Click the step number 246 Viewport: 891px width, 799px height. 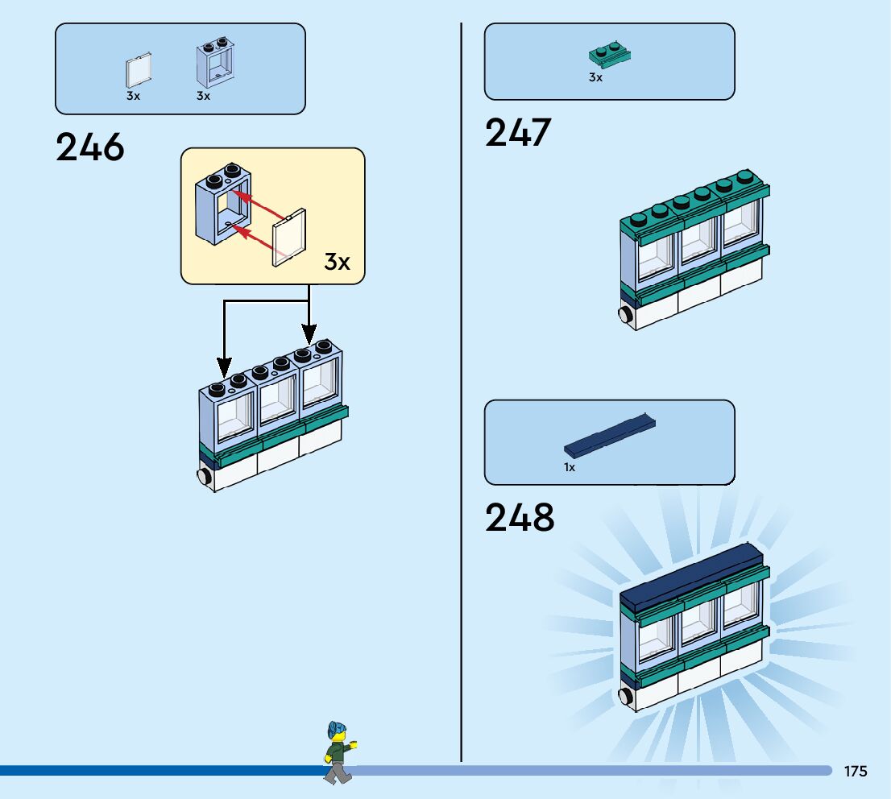90,147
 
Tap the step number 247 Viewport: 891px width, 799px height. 518,133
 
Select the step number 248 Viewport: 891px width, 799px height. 520,518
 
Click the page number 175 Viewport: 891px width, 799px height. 856,772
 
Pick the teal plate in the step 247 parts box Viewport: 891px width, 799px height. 610,56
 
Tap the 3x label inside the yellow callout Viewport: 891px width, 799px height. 338,262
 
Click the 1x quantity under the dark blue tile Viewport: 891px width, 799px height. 570,467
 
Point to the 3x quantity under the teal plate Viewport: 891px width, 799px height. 595,78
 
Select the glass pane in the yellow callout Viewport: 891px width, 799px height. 289,238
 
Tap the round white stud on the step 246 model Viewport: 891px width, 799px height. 205,477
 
